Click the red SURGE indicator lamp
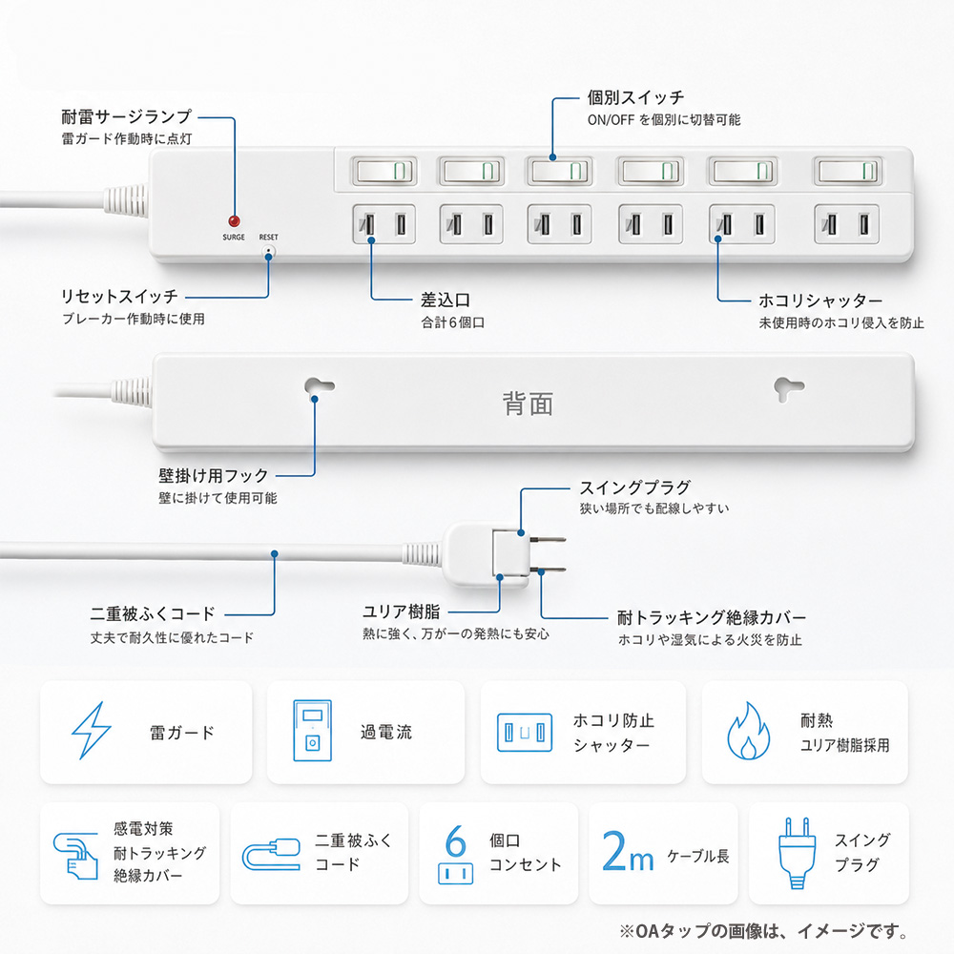point(234,221)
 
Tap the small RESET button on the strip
point(268,251)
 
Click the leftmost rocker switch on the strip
point(384,172)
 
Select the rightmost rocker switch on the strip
point(848,172)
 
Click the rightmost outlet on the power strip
point(847,224)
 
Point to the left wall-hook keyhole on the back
point(319,387)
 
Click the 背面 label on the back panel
point(528,404)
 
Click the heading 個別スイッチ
point(635,97)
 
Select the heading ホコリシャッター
point(820,301)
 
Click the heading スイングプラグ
point(634,487)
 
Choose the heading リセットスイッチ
point(120,297)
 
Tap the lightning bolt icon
point(92,730)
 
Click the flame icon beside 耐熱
point(748,731)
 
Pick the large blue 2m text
point(628,852)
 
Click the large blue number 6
point(456,840)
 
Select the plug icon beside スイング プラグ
point(797,852)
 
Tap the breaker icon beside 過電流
point(313,731)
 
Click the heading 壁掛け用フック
point(214,476)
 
